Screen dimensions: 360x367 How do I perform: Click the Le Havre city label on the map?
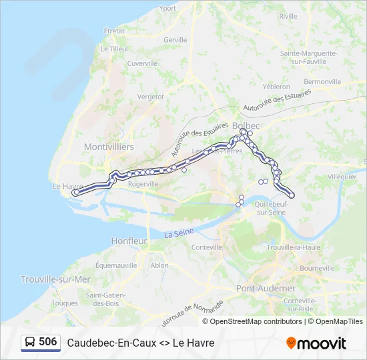(x=67, y=187)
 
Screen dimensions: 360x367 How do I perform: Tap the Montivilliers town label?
(x=109, y=147)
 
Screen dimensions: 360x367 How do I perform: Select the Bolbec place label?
(x=245, y=125)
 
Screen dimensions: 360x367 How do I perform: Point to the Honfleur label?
(x=129, y=241)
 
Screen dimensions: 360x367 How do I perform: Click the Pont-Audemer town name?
(x=266, y=288)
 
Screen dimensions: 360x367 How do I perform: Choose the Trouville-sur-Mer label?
(x=55, y=279)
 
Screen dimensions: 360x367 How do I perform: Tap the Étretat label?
(x=114, y=31)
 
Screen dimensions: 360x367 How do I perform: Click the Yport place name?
(x=168, y=8)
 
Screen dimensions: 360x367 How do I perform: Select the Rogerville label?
(x=143, y=183)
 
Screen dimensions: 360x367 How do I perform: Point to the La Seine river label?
(x=178, y=234)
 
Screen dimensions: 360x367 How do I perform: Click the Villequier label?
(x=342, y=177)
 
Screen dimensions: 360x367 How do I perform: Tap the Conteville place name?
(x=206, y=247)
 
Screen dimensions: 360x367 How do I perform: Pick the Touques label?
(x=65, y=303)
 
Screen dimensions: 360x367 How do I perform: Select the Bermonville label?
(x=322, y=81)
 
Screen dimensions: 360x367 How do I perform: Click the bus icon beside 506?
(x=29, y=342)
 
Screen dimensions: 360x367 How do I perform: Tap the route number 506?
(x=48, y=342)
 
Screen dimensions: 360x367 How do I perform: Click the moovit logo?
(x=316, y=343)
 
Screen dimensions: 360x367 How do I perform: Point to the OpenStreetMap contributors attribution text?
(x=256, y=321)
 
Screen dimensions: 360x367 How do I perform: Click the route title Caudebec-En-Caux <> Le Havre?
(x=140, y=343)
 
